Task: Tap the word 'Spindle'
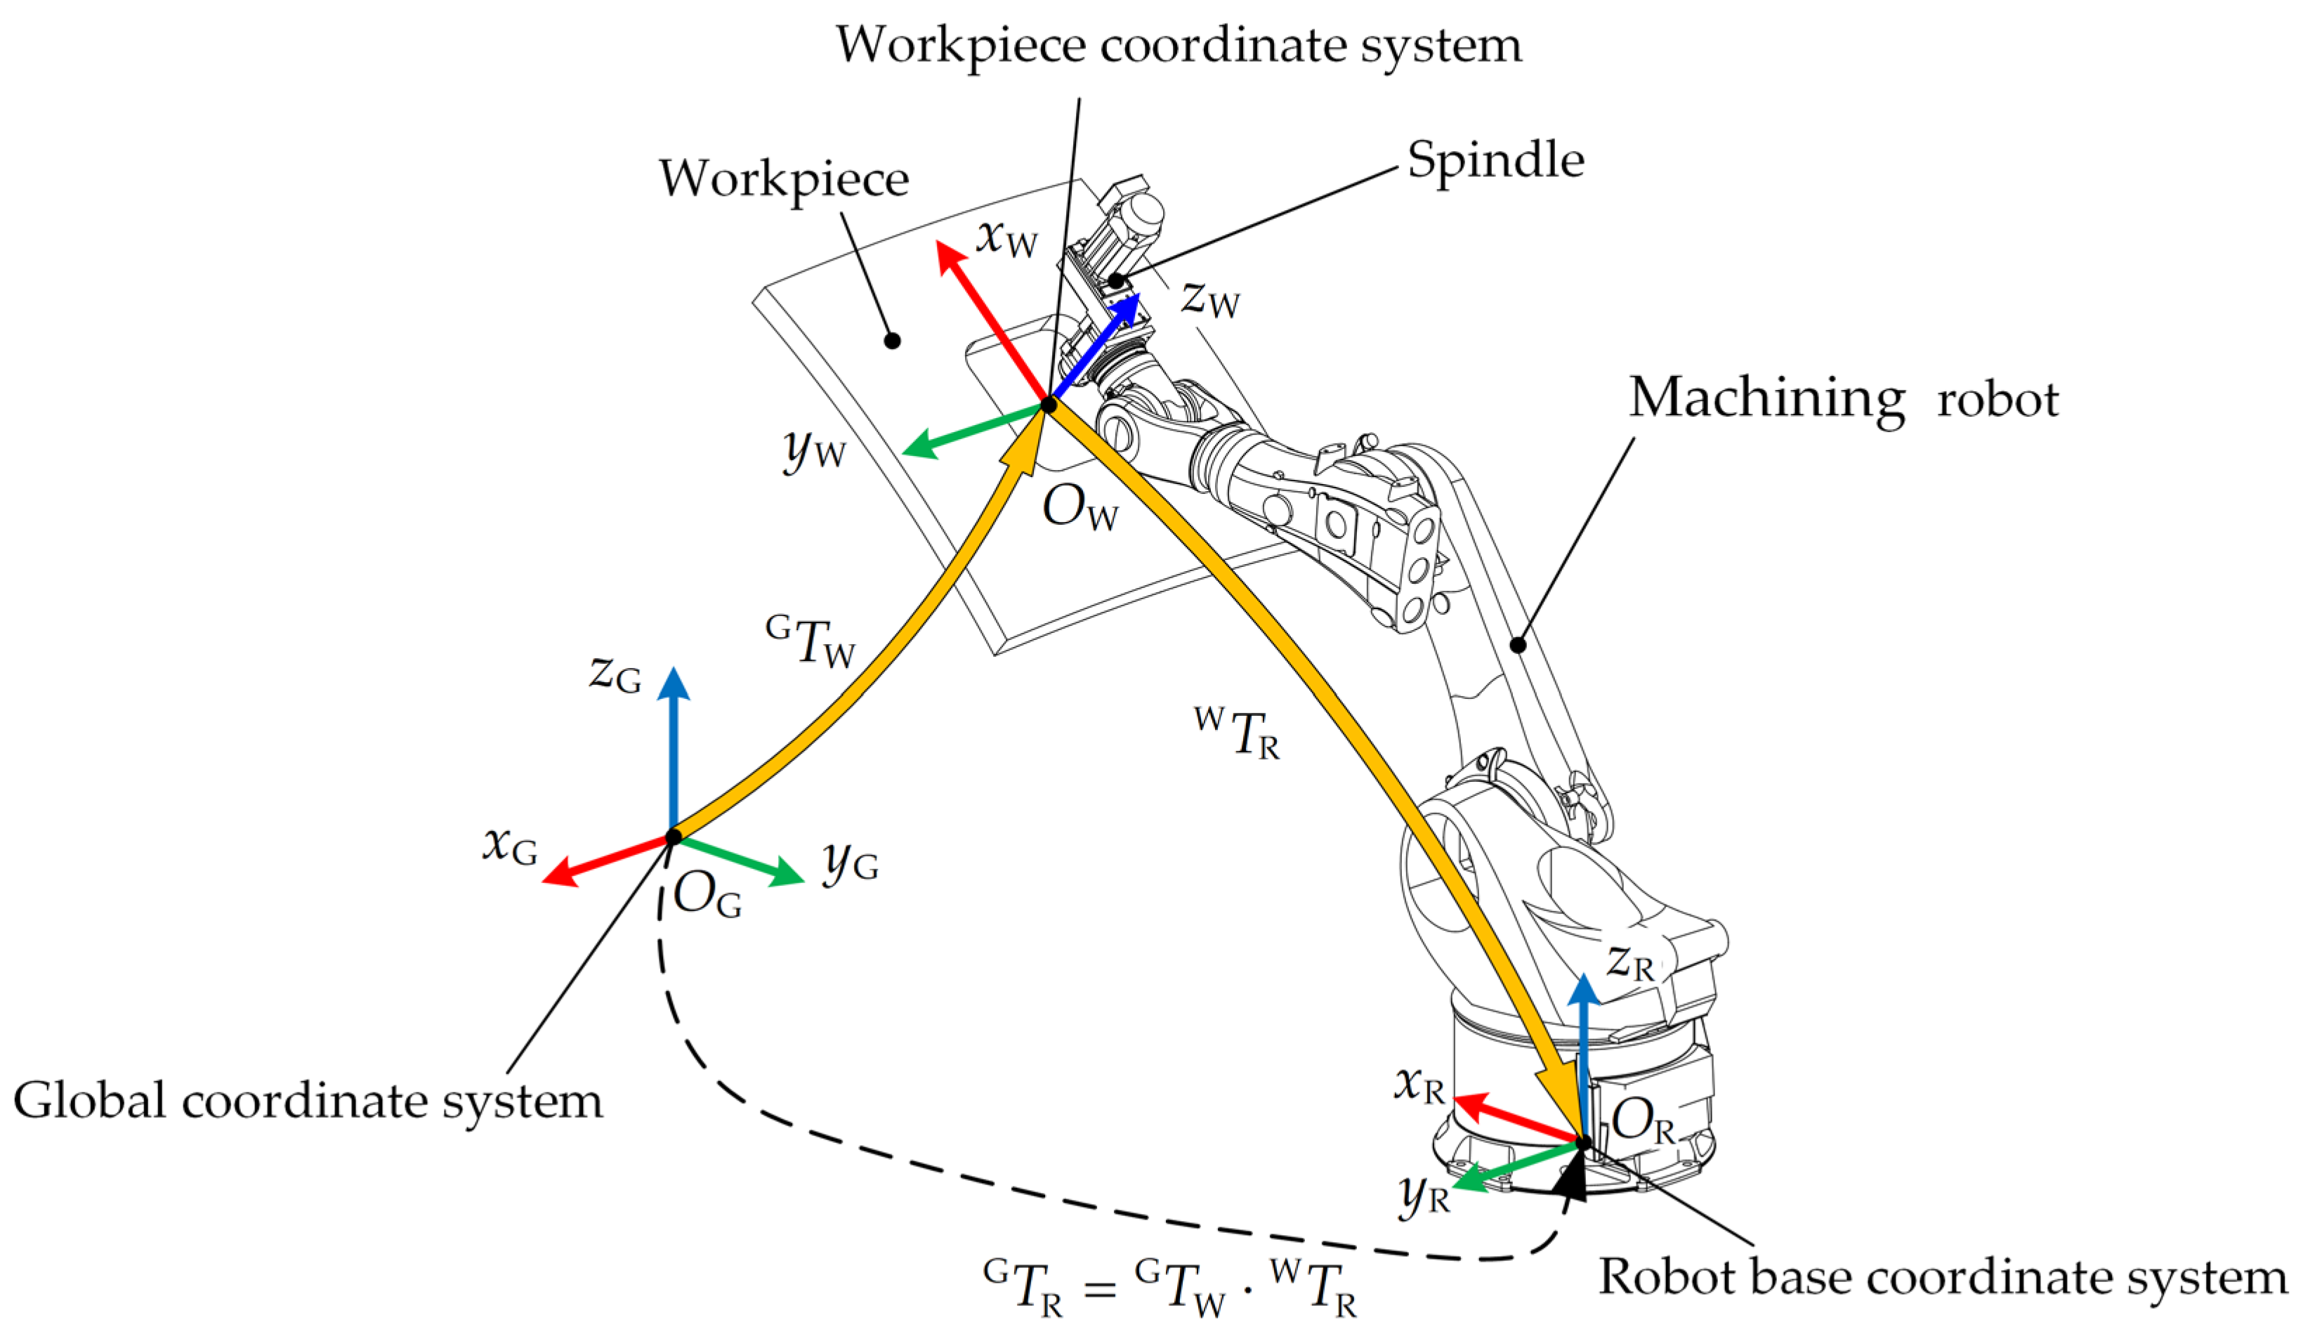pyautogui.click(x=1495, y=161)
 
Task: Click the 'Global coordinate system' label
pyautogui.click(x=308, y=1100)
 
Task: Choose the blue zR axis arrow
pyautogui.click(x=1584, y=1051)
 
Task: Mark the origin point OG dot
pyautogui.click(x=674, y=836)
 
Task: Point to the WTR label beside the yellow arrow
pyautogui.click(x=1237, y=733)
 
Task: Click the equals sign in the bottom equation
pyautogui.click(x=1099, y=1288)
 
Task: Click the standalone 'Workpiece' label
pyautogui.click(x=783, y=179)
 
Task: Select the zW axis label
pyautogui.click(x=1210, y=299)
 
